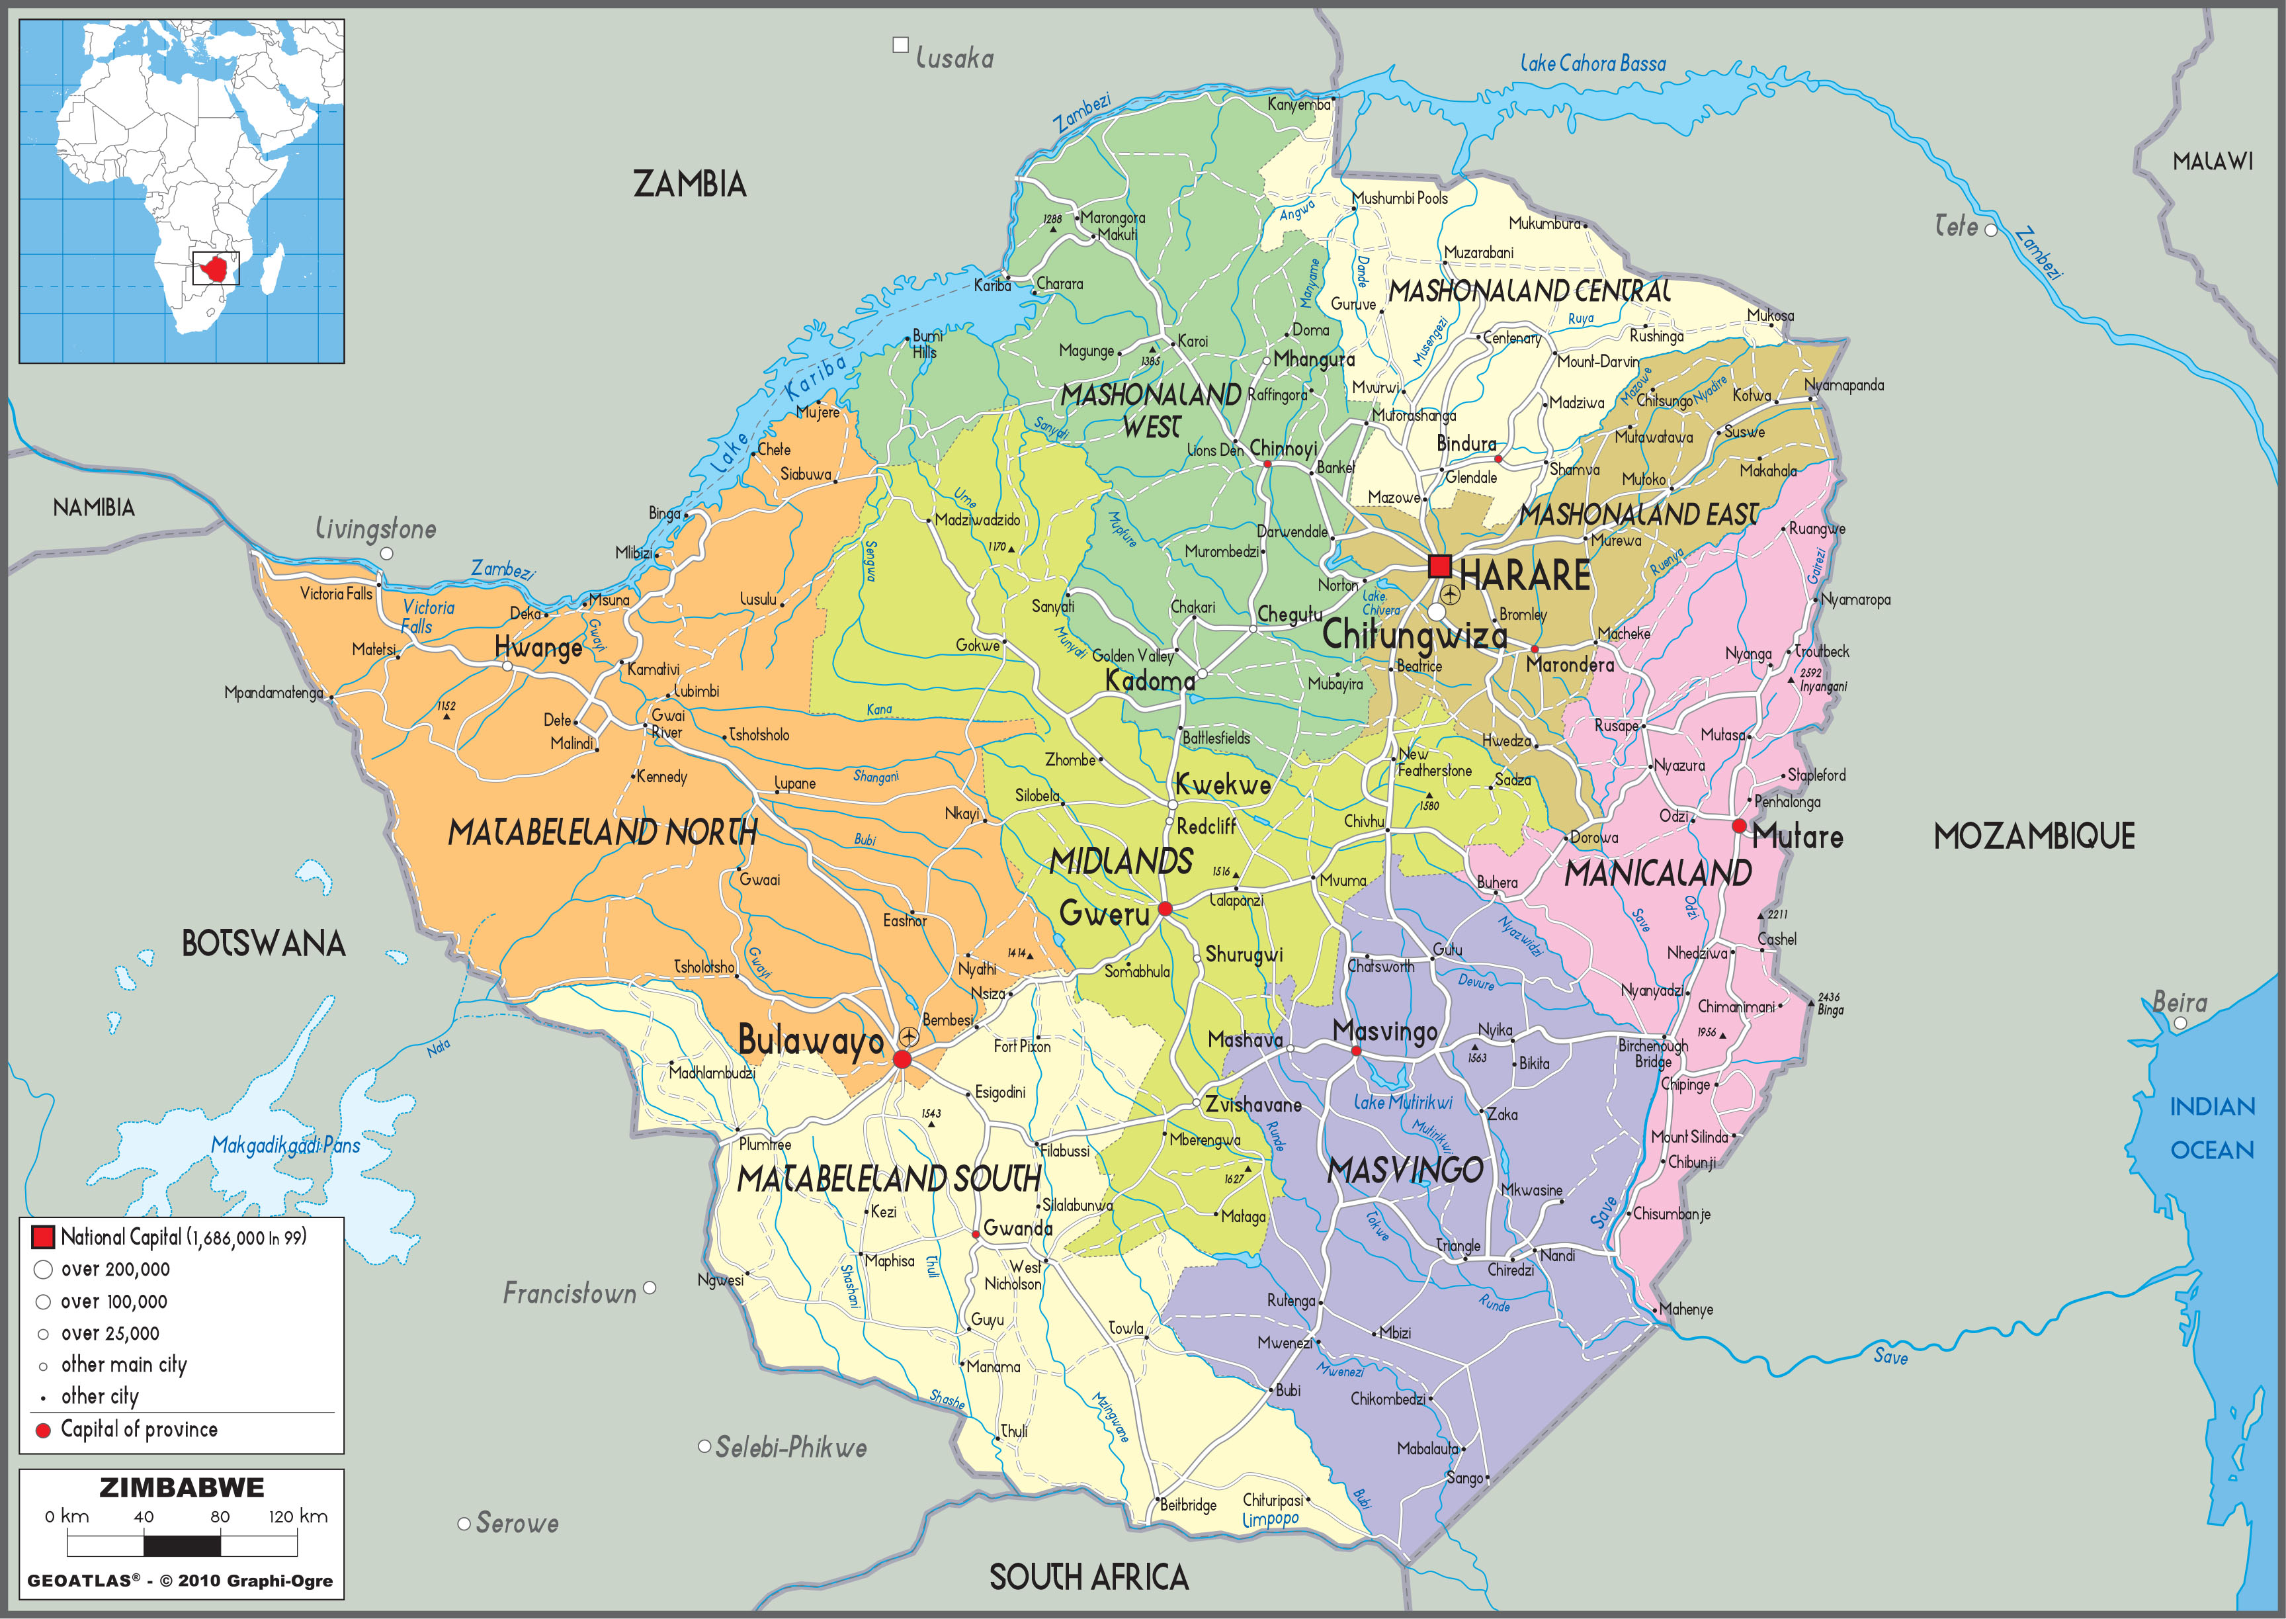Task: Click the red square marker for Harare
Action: point(1439,566)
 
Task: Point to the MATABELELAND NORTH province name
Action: point(602,832)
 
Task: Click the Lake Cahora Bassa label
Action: point(1592,64)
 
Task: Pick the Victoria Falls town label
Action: point(336,594)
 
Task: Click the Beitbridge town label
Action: point(1188,1505)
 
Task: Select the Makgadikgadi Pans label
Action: point(285,1145)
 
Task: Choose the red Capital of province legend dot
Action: point(43,1430)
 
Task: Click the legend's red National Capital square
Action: point(43,1237)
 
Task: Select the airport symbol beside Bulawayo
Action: point(908,1037)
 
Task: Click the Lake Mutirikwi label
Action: point(1402,1102)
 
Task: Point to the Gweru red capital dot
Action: point(1164,909)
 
